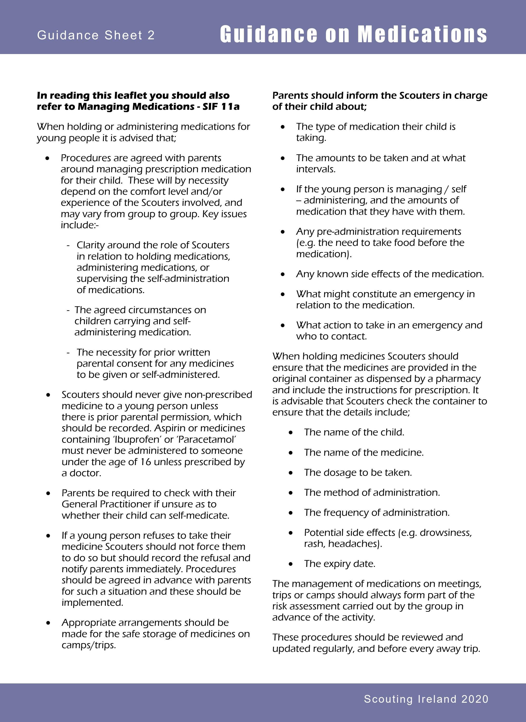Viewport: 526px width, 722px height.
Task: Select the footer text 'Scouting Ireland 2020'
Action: (426, 699)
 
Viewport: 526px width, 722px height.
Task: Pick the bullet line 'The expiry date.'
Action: (340, 564)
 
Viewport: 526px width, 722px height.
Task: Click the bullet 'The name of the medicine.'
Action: (364, 452)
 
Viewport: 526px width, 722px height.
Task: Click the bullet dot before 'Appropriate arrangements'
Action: (48, 623)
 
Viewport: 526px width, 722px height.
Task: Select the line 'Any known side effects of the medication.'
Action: (390, 274)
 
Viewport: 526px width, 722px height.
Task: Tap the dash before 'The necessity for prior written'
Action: (68, 352)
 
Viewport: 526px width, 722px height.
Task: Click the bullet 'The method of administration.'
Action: (372, 493)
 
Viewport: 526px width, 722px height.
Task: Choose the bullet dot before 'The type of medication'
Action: (283, 127)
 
